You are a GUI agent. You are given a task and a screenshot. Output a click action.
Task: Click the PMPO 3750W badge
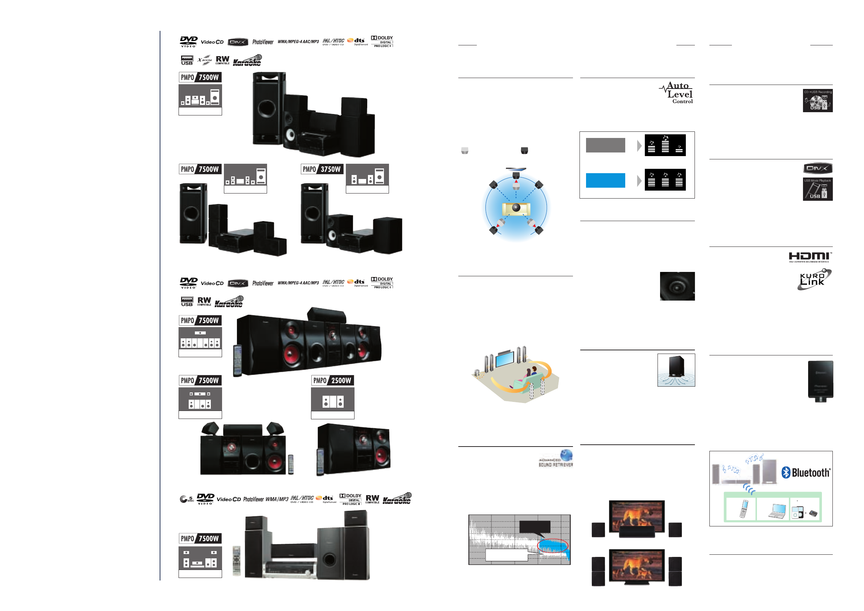click(x=322, y=169)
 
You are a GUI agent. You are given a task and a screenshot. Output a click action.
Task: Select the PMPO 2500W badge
click(x=333, y=380)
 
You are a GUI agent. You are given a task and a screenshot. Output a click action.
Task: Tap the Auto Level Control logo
click(x=677, y=93)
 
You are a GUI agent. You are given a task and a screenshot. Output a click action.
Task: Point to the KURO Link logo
click(x=814, y=279)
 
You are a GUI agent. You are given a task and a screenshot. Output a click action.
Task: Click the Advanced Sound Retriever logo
click(x=556, y=459)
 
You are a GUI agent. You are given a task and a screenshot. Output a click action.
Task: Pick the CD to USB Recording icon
click(x=817, y=101)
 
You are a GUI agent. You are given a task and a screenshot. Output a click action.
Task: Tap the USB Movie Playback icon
click(x=817, y=189)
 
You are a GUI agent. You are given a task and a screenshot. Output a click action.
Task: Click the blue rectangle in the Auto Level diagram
click(x=605, y=180)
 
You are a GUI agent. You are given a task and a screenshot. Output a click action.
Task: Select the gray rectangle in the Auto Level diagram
click(x=605, y=145)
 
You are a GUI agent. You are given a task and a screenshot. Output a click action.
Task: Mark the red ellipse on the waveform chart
click(x=552, y=545)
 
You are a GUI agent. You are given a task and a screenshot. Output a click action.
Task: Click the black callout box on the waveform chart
click(x=535, y=526)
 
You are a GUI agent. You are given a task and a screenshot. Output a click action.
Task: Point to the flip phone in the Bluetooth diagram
click(x=744, y=509)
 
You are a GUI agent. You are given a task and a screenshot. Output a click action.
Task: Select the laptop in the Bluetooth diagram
click(x=777, y=511)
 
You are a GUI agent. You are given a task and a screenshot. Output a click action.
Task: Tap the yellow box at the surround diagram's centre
click(x=516, y=208)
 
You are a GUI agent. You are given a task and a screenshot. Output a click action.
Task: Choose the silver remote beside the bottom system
click(x=236, y=561)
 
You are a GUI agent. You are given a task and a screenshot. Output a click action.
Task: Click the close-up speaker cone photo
click(x=677, y=286)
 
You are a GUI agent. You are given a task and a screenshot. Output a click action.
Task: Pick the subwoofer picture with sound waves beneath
click(x=676, y=370)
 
